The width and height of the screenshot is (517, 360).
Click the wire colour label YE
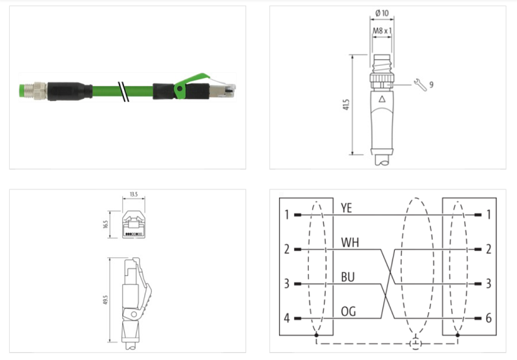coord(346,207)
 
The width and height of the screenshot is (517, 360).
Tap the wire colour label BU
coord(347,277)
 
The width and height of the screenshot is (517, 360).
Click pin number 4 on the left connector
coord(286,319)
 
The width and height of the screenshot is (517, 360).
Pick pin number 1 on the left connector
coord(286,214)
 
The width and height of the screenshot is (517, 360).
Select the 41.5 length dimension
coord(347,105)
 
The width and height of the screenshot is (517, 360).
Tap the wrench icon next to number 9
coord(418,84)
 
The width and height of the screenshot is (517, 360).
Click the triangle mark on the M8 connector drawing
coord(382,100)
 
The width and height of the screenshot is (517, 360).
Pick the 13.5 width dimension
coord(134,194)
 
